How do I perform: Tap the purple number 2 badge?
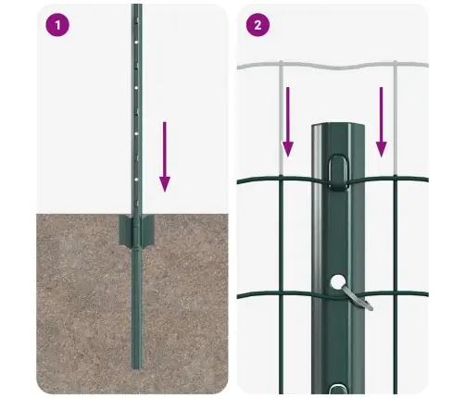[x=257, y=25]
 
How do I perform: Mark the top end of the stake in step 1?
[x=136, y=7]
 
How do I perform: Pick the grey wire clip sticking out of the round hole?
[x=358, y=296]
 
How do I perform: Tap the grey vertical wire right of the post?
[x=393, y=120]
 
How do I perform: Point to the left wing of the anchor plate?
[x=124, y=232]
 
